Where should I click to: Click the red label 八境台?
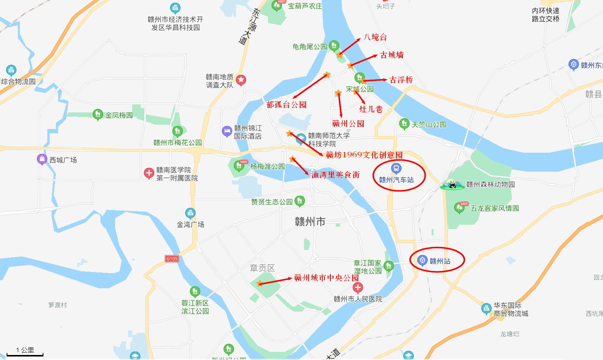pyautogui.click(x=375, y=37)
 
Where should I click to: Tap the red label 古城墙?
pyautogui.click(x=392, y=55)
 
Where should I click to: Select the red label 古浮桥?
pyautogui.click(x=401, y=80)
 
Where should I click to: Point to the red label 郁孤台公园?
pyautogui.click(x=286, y=105)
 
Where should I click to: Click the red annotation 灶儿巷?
pyautogui.click(x=371, y=109)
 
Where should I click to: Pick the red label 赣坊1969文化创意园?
pyautogui.click(x=364, y=155)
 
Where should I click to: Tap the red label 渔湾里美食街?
pyautogui.click(x=335, y=175)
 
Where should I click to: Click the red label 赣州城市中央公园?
pyautogui.click(x=326, y=278)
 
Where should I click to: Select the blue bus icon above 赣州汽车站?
pyautogui.click(x=396, y=168)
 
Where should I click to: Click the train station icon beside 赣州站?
pyautogui.click(x=423, y=260)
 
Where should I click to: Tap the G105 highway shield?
pyautogui.click(x=172, y=258)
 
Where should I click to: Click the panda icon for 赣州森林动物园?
pyautogui.click(x=452, y=184)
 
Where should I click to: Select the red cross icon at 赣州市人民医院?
pyautogui.click(x=358, y=288)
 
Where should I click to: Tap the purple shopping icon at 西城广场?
pyautogui.click(x=42, y=159)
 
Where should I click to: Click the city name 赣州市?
pyautogui.click(x=310, y=222)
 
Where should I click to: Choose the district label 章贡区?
pyautogui.click(x=262, y=268)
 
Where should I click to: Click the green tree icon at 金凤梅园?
pyautogui.click(x=98, y=114)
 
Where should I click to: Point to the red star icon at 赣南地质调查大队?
pyautogui.click(x=241, y=80)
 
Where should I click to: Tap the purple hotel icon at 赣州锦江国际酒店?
pyautogui.click(x=227, y=131)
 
